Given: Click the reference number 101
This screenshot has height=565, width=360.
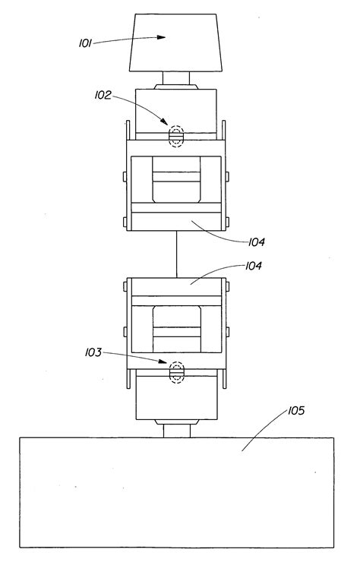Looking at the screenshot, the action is pos(85,43).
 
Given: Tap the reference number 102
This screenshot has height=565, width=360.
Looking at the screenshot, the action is pos(103,95).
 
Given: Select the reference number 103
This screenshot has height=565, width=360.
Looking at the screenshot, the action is pos(93,352).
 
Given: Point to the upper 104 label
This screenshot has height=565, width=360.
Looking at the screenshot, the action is pos(257,241).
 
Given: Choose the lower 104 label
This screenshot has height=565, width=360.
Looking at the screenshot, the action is pos(254,266).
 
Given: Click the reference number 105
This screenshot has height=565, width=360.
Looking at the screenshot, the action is pos(296,410).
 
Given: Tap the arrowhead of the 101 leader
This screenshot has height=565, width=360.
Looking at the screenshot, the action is pos(161,37).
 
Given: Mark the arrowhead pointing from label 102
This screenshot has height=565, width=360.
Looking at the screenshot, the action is pos(164,122).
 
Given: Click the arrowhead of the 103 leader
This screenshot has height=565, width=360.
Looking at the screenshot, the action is pos(163,361).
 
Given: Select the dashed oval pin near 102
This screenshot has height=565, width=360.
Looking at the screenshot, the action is pos(176,136).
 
